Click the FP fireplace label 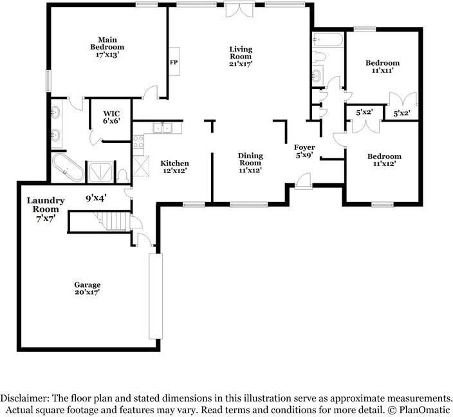point(174,62)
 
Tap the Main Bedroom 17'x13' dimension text point(107,54)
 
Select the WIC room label point(111,113)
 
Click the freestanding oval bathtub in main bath point(68,167)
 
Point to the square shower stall point(100,172)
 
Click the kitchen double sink point(163,127)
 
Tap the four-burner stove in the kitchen point(138,142)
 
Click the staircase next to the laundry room point(112,221)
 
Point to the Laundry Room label point(46,205)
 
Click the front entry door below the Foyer point(303,181)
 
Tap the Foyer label point(304,147)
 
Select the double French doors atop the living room point(239,9)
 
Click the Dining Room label point(250,159)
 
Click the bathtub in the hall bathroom point(328,40)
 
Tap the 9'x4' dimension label point(97,198)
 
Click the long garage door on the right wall point(156,296)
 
